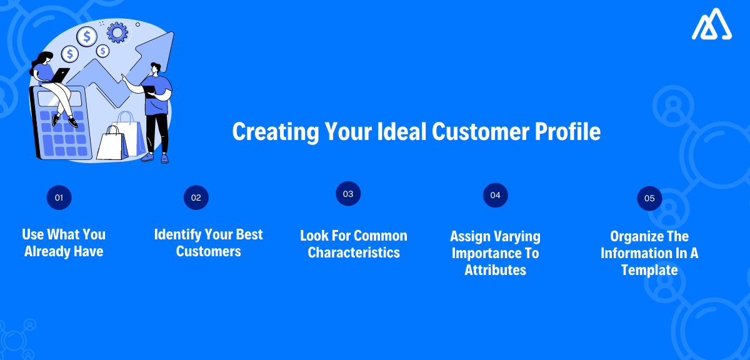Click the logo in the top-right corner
[x=713, y=26]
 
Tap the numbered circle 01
[x=59, y=197]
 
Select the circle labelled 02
[x=196, y=197]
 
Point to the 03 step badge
[x=348, y=194]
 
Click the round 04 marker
[x=496, y=195]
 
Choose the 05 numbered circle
[x=649, y=198]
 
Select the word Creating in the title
[x=271, y=132]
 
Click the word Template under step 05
[x=649, y=270]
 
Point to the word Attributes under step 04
[x=495, y=270]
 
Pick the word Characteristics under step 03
[x=354, y=252]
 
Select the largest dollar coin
[x=86, y=36]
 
